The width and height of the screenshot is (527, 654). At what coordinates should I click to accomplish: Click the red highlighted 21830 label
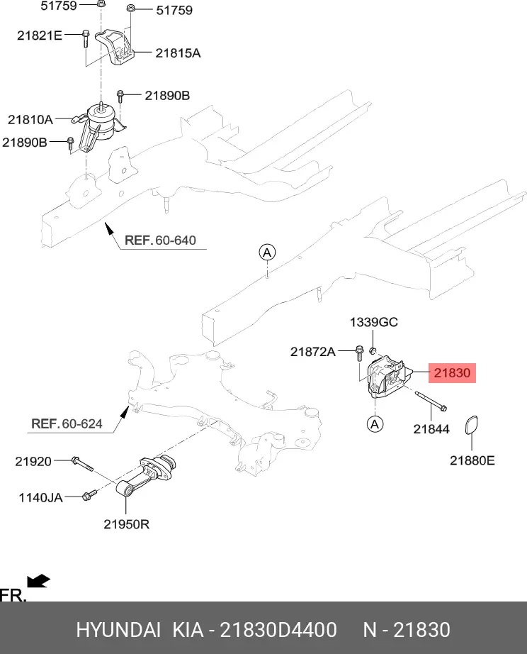(x=451, y=372)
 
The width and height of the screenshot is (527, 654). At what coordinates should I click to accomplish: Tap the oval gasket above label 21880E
(x=471, y=427)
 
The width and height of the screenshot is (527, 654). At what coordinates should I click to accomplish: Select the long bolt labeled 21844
(x=429, y=402)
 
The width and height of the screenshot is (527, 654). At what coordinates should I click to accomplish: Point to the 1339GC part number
(x=373, y=323)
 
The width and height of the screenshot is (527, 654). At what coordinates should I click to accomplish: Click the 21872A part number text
(x=312, y=351)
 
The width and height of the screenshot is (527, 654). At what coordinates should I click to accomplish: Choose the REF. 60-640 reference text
(x=160, y=240)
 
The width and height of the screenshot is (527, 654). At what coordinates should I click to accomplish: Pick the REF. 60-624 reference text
(x=67, y=424)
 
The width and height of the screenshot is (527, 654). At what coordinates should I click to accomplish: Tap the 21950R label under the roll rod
(x=126, y=525)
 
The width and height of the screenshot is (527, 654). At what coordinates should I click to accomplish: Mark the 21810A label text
(x=30, y=118)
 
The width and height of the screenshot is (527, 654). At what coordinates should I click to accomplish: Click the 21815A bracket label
(x=178, y=52)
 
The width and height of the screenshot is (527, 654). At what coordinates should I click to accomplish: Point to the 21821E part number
(x=40, y=34)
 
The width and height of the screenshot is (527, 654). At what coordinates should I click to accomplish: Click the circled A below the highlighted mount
(x=375, y=424)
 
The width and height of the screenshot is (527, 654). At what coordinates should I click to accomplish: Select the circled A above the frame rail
(x=266, y=253)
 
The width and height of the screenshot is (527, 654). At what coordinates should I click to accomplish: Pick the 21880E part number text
(x=472, y=460)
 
